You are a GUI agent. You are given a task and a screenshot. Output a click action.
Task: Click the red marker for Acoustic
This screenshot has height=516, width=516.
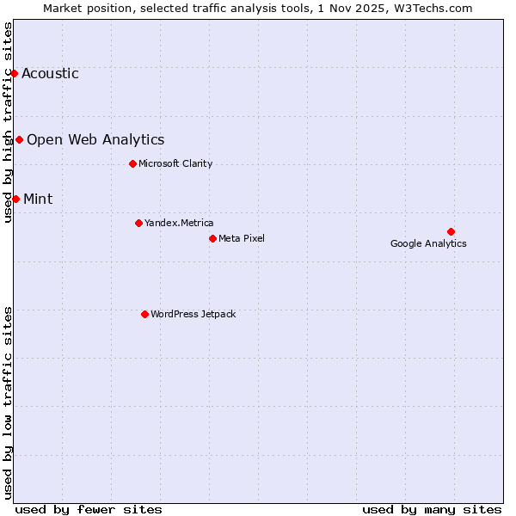point(15,73)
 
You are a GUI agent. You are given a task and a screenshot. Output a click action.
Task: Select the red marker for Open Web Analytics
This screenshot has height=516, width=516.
point(19,139)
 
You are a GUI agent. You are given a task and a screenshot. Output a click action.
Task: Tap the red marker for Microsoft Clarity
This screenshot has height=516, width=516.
point(132,163)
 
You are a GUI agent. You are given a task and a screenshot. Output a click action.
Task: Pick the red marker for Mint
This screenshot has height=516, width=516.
point(15,199)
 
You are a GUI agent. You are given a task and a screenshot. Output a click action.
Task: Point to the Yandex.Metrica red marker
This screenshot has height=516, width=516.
point(138,223)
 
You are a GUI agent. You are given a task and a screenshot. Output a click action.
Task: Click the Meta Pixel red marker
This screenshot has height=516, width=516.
point(212,238)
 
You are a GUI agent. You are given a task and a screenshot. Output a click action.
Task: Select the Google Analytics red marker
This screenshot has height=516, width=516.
point(451,231)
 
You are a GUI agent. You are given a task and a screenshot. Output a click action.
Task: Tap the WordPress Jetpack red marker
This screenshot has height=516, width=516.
point(144,314)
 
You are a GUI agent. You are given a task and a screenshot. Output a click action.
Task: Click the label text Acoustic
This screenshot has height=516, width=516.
point(50,73)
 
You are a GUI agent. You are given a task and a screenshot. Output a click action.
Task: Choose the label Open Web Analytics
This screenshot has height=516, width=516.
point(95,139)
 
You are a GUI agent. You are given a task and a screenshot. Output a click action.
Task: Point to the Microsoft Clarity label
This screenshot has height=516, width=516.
point(175,163)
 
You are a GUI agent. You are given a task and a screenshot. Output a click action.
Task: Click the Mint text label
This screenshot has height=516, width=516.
point(38,199)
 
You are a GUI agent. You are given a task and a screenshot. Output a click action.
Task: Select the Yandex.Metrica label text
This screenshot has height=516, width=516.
point(179,223)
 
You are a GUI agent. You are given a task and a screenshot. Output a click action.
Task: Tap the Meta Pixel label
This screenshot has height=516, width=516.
point(242,238)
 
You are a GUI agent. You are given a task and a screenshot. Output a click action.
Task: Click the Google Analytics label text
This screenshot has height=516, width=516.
point(428,243)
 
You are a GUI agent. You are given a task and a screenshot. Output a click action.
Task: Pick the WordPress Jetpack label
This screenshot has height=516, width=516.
point(193,314)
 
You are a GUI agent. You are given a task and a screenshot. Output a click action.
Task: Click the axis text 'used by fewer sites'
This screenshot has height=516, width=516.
point(89,509)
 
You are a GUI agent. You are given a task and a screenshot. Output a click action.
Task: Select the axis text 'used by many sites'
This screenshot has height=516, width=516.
point(432,509)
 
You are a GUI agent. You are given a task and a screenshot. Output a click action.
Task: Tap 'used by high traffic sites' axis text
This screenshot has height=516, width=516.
point(9,121)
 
